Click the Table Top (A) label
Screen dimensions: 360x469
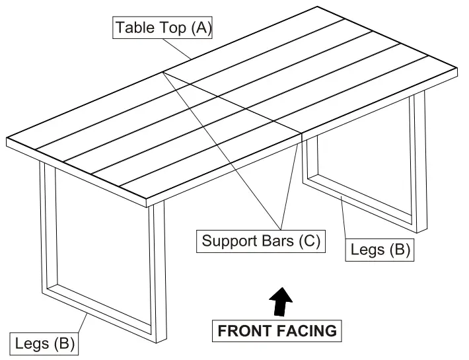coord(163,28)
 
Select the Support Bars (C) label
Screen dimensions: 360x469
coord(261,240)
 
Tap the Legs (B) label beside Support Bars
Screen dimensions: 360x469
coord(380,250)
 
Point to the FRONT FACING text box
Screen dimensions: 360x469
coord(277,330)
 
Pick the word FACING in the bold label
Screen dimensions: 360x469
coord(307,330)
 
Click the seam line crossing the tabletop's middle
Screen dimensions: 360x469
coord(231,102)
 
